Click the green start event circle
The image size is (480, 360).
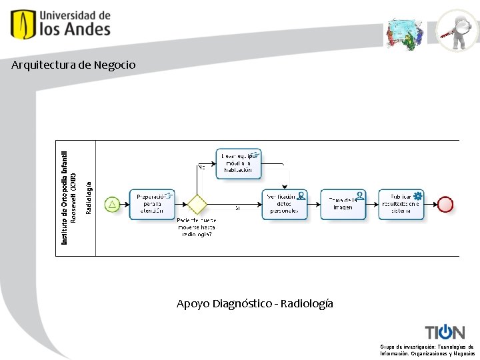tap(112, 204)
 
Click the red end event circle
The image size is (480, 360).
tap(445, 204)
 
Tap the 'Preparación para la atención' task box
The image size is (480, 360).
tap(152, 204)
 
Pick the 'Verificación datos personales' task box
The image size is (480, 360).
tap(284, 205)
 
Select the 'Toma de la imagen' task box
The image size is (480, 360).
tap(343, 205)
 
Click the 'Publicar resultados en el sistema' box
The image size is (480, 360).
tap(401, 204)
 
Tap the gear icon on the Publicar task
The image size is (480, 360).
tap(418, 195)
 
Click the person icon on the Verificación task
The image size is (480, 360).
tap(301, 195)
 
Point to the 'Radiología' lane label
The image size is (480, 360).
tap(89, 197)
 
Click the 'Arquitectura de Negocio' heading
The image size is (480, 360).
tap(73, 65)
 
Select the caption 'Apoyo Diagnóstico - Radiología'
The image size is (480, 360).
tap(255, 304)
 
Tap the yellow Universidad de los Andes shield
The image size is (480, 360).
tap(22, 24)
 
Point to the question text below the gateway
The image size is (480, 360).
tap(195, 227)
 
